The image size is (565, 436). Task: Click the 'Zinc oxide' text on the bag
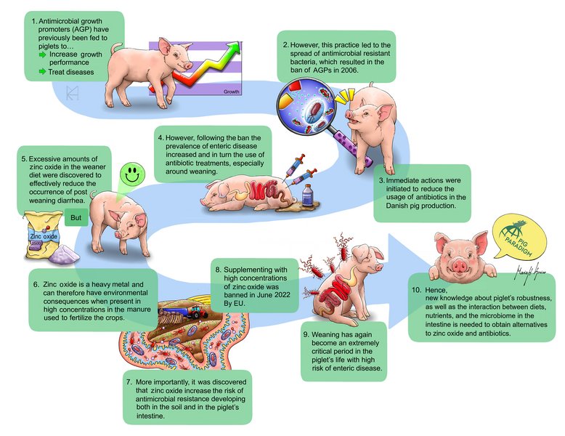coord(44,235)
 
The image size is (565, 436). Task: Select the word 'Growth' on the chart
coord(231,92)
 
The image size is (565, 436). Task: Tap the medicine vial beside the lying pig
coord(308,195)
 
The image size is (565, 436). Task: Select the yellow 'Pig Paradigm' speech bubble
coord(521,239)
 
